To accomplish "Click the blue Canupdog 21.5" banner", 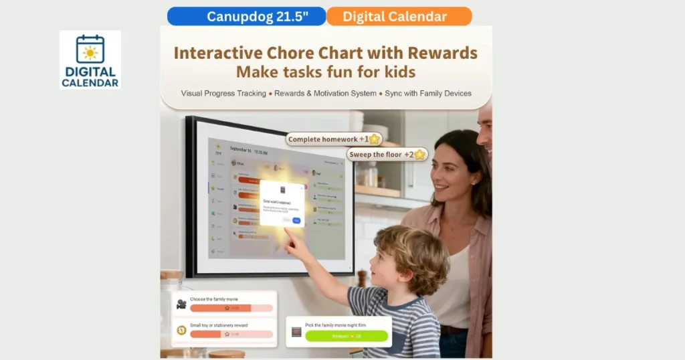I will tap(246, 16).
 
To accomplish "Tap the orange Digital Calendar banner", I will tap(399, 16).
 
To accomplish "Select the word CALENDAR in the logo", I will tap(90, 83).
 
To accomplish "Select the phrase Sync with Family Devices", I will tap(428, 94).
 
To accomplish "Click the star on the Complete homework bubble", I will tap(374, 139).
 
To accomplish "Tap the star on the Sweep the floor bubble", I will tap(419, 155).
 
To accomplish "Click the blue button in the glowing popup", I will tap(297, 219).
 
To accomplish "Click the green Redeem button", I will tap(347, 336).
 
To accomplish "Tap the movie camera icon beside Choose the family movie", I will tap(181, 304).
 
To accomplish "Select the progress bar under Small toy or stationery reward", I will tap(231, 334).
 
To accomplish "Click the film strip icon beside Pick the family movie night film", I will tap(296, 332).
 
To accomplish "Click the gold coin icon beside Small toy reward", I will tap(181, 330).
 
